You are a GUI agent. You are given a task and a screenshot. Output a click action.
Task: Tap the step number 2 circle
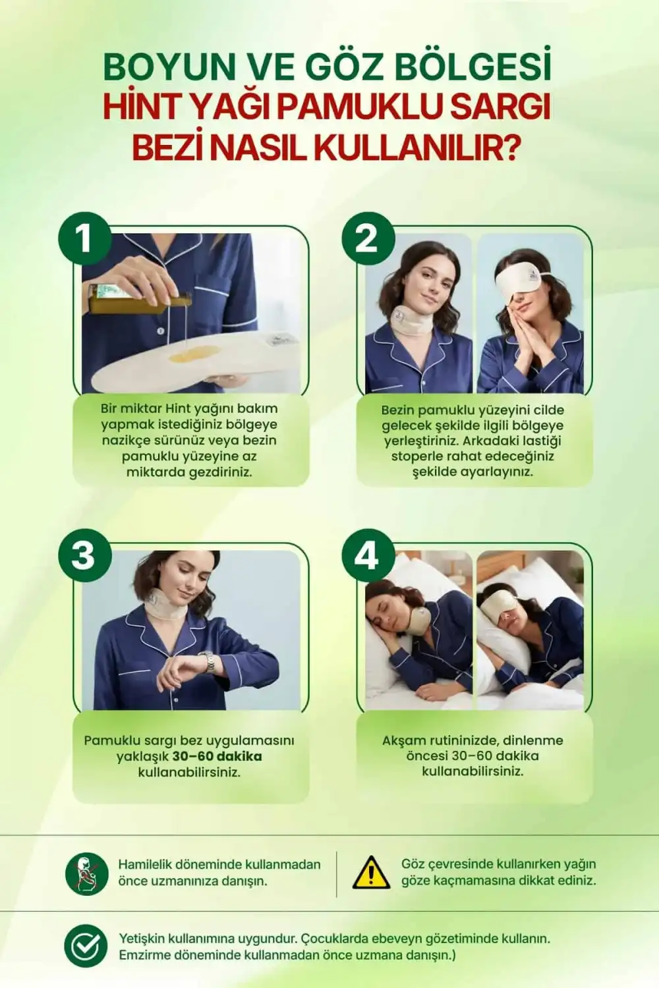[366, 238]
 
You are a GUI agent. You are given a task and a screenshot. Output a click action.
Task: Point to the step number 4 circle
[366, 555]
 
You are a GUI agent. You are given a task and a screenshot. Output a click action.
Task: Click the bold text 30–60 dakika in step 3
[217, 756]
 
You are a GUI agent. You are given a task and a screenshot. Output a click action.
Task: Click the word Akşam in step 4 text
[403, 740]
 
